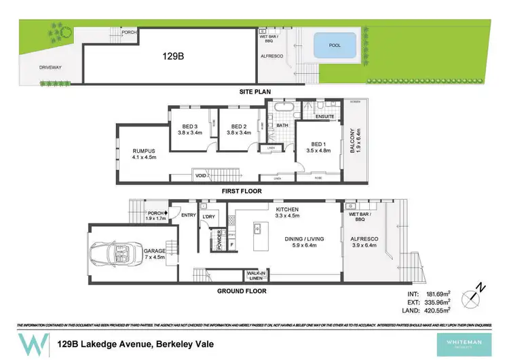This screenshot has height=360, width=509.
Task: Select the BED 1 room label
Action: (316, 147)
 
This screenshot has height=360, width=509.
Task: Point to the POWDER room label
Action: (220, 240)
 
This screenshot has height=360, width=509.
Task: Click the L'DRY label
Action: (208, 216)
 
